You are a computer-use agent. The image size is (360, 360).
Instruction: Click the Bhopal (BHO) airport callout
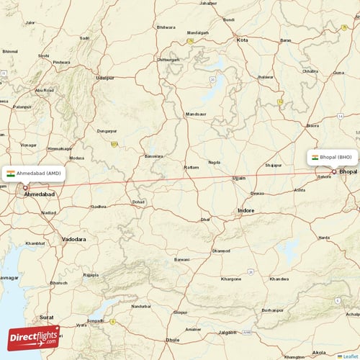pyautogui.click(x=332, y=156)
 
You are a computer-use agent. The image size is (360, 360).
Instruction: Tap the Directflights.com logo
pyautogui.click(x=34, y=337)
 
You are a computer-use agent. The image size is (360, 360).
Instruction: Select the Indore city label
pyautogui.click(x=246, y=211)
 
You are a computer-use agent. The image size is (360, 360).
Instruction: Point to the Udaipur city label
pyautogui.click(x=105, y=77)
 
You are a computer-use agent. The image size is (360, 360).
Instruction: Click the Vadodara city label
pyautogui.click(x=73, y=239)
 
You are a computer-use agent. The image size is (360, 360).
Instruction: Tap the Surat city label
pyautogui.click(x=47, y=317)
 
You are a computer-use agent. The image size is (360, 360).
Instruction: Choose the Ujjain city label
pyautogui.click(x=239, y=177)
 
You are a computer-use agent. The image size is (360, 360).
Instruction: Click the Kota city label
pyautogui.click(x=243, y=40)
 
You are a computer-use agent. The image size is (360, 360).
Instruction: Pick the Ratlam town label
pyautogui.click(x=191, y=167)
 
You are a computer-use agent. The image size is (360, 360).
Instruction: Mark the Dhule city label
pyautogui.click(x=173, y=339)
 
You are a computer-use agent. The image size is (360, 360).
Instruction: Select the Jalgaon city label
pyautogui.click(x=228, y=333)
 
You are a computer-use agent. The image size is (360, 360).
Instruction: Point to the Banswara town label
pyautogui.click(x=153, y=156)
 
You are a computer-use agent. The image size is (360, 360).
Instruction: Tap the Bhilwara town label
pyautogui.click(x=166, y=27)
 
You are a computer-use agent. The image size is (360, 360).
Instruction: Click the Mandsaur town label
pyautogui.click(x=195, y=114)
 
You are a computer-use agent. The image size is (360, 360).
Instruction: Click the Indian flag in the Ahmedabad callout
pyautogui.click(x=11, y=174)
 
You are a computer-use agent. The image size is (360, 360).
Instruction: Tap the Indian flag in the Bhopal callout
pyautogui.click(x=315, y=156)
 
